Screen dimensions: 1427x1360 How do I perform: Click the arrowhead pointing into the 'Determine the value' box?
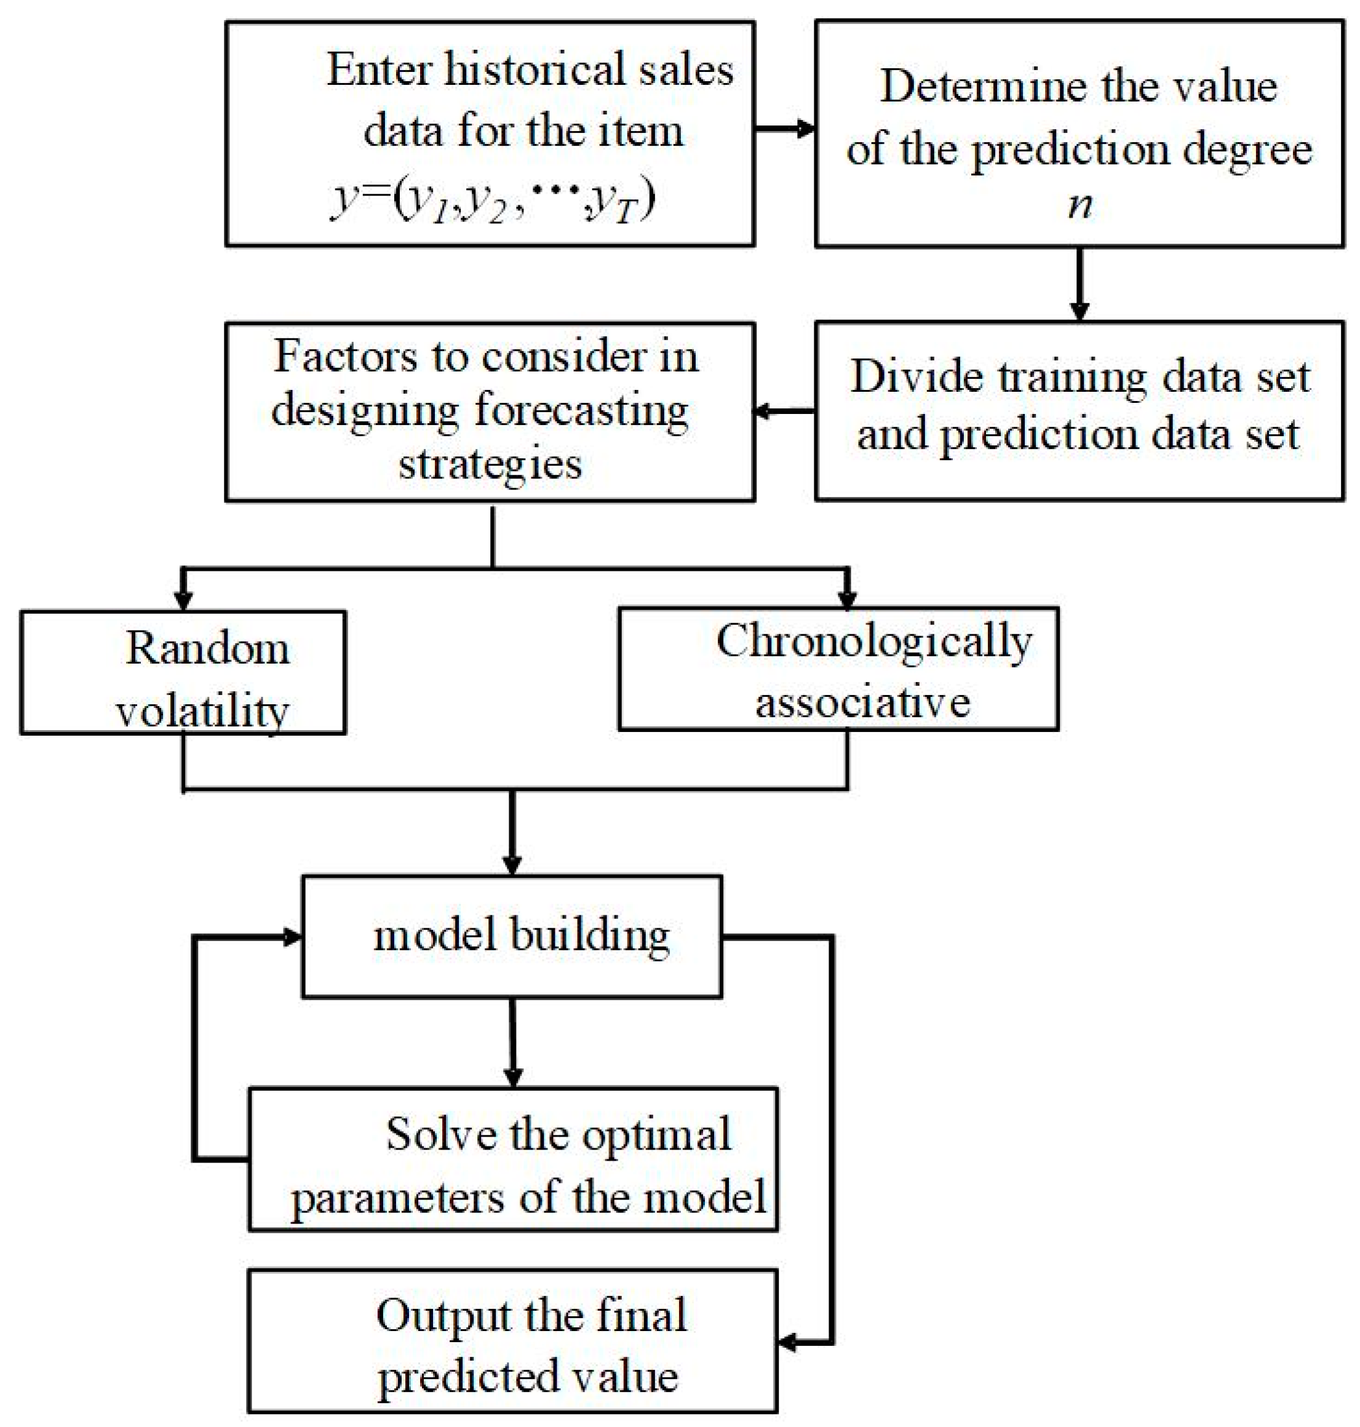pos(805,130)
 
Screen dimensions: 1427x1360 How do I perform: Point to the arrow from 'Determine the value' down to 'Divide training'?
pos(1080,283)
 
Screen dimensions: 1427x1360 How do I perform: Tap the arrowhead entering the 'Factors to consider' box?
pos(763,411)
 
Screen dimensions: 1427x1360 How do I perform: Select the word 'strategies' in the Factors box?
pos(490,463)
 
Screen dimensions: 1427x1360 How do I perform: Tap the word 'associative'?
pos(862,702)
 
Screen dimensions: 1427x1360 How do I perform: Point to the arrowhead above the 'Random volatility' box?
pos(183,601)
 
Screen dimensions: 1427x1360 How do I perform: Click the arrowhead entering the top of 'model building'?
pos(512,865)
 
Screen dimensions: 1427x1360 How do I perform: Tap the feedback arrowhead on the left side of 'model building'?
pos(292,937)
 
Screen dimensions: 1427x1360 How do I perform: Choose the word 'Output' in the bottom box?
pos(443,1316)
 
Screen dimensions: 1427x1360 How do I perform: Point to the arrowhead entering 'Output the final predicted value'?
pos(789,1342)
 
